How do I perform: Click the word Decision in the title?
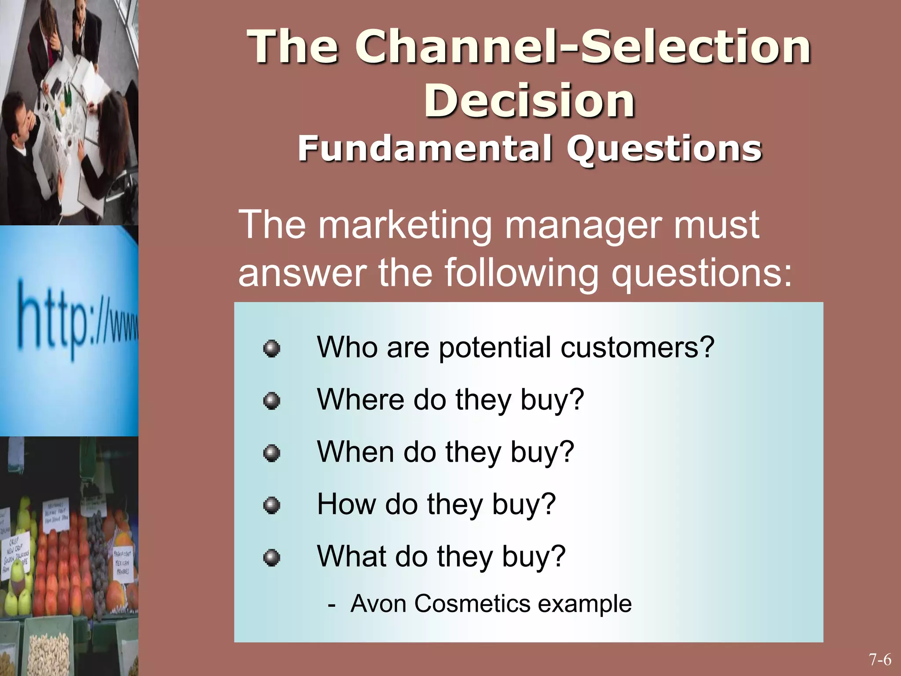529,101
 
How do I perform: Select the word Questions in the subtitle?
664,149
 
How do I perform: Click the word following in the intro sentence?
521,273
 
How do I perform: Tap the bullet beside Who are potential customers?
271,349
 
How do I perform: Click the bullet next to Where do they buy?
271,400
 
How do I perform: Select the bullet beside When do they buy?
271,453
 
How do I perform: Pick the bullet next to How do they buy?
271,505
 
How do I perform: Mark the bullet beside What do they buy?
271,558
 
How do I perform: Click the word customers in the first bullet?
637,348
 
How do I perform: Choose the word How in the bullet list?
346,504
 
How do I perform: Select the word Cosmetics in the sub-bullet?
472,603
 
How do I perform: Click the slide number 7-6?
880,660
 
